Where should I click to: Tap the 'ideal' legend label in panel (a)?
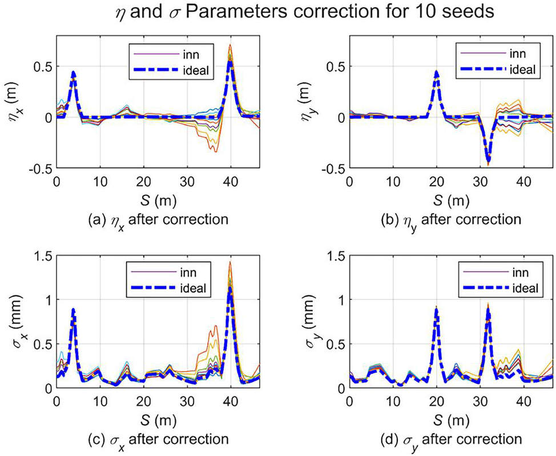coord(196,70)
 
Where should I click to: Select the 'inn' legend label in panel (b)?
coord(518,53)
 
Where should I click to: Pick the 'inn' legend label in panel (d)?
coord(521,272)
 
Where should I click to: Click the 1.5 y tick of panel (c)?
coord(43,255)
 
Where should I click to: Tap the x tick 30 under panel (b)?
coord(480,182)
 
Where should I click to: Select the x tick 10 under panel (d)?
coord(393,402)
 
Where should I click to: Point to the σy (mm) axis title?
coord(310,322)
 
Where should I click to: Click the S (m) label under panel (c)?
coord(158,421)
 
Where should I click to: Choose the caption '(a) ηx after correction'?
coord(158,220)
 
